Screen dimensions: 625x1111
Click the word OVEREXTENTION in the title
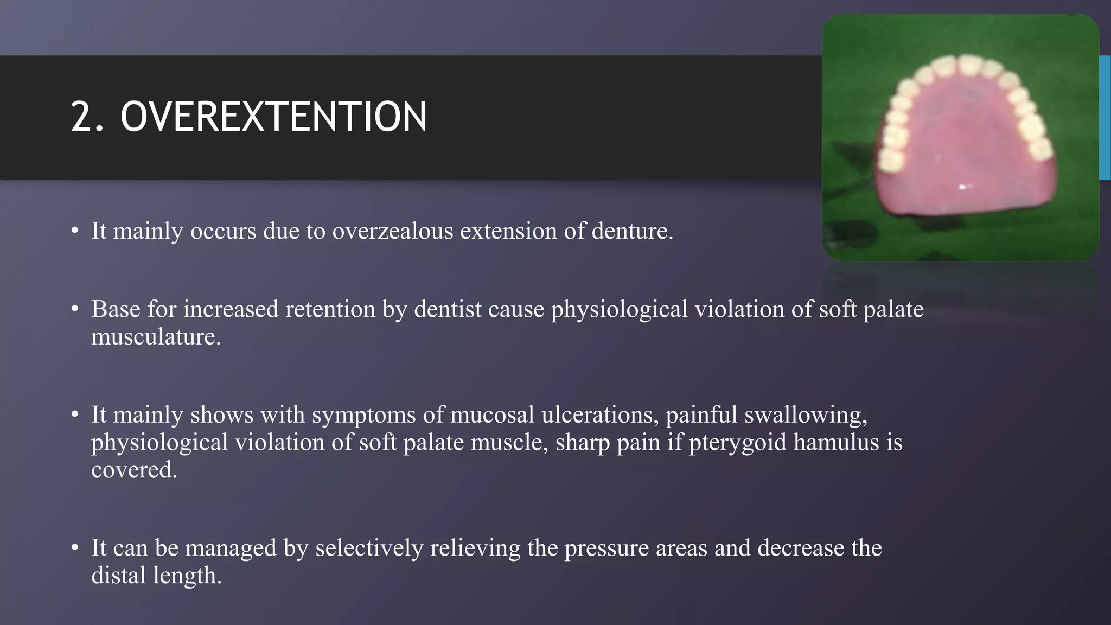tap(273, 117)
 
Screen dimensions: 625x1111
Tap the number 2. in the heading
tap(87, 117)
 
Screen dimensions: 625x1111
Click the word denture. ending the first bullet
tap(632, 231)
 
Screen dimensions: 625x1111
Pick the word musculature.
tap(156, 337)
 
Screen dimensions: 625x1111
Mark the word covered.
tap(134, 470)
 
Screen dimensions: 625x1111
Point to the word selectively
tap(369, 548)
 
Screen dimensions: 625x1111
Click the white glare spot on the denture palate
tap(963, 187)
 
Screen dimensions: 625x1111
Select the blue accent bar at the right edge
tap(1105, 117)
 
